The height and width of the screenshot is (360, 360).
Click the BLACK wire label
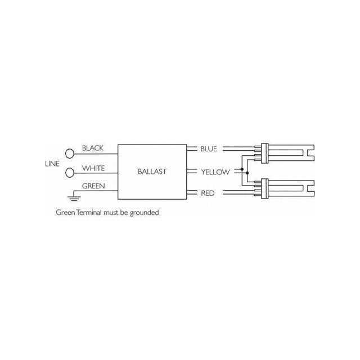click(92, 148)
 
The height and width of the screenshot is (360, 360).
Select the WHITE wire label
click(93, 168)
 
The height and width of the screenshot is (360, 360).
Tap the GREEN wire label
click(93, 186)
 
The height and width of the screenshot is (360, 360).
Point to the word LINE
click(52, 164)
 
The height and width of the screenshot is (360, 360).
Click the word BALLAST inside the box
click(152, 172)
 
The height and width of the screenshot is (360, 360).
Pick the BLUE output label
click(209, 148)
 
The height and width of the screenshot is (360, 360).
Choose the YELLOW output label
click(215, 172)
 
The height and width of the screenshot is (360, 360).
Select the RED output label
click(208, 193)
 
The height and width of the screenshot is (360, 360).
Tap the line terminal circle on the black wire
click(70, 154)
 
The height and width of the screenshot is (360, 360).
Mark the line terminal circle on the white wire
click(70, 173)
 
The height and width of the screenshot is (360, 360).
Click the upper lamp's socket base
click(265, 154)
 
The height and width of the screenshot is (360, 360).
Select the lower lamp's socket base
click(265, 188)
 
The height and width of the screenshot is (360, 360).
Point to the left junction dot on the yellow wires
click(242, 169)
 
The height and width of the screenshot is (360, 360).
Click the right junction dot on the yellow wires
click(247, 173)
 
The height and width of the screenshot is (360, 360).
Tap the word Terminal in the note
click(89, 213)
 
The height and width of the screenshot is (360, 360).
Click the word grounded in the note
click(144, 213)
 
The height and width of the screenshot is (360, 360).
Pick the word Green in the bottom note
click(65, 213)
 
